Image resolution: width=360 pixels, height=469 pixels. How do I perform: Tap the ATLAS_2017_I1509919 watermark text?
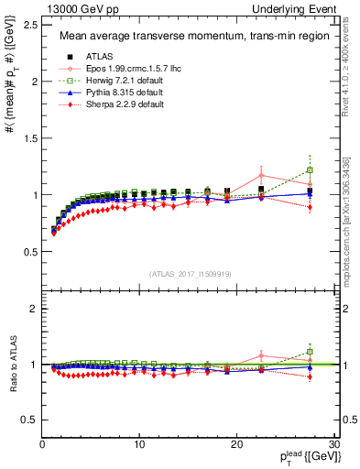click(189, 273)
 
